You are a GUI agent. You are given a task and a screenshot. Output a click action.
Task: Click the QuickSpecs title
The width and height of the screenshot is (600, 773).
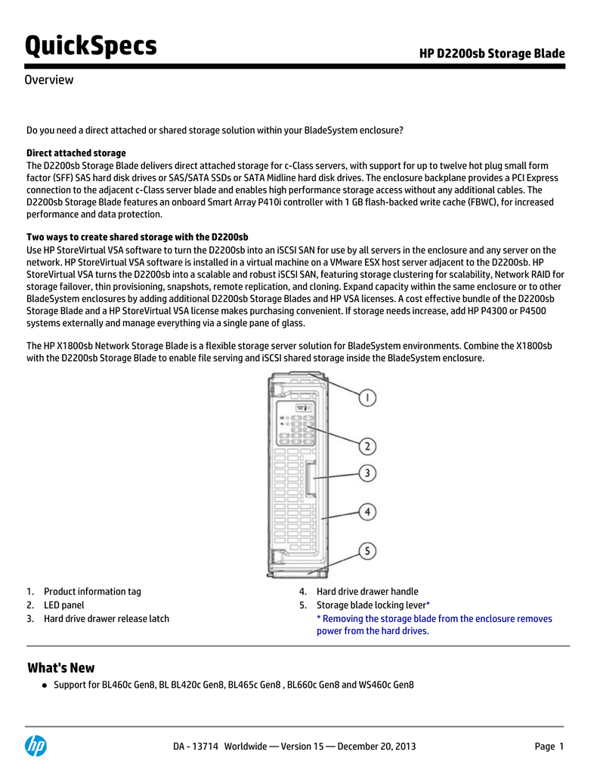point(91,46)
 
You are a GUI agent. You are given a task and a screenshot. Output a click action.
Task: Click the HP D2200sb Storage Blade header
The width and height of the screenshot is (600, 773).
point(492,53)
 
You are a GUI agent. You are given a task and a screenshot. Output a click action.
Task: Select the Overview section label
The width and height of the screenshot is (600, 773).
point(49,80)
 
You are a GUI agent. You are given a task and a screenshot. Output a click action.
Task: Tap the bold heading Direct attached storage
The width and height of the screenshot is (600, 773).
point(76,153)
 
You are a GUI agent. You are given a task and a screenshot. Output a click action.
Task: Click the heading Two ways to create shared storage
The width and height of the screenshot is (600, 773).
point(138,236)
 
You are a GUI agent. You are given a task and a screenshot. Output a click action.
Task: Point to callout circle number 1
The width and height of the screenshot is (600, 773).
point(366,397)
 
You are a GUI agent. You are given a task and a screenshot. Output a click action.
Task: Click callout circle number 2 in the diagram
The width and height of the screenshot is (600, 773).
point(366,446)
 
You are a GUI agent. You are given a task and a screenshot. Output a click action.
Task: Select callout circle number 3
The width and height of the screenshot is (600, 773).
point(366,473)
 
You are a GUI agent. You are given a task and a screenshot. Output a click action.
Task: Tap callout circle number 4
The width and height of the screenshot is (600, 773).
point(366,512)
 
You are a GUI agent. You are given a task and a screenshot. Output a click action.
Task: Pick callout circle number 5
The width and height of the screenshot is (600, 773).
point(366,552)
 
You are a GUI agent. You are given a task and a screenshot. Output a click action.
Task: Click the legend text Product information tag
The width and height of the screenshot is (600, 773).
point(92,592)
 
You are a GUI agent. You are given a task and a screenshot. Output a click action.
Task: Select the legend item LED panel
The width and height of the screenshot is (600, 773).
point(63,605)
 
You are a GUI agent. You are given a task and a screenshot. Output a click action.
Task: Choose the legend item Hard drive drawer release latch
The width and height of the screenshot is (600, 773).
point(106,619)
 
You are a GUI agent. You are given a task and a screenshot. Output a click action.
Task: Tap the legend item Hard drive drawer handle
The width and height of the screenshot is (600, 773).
point(367,592)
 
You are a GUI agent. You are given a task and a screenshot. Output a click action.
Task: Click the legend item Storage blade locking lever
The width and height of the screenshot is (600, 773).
point(371,605)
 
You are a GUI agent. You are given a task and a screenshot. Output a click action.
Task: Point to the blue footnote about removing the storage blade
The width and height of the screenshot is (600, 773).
point(434,625)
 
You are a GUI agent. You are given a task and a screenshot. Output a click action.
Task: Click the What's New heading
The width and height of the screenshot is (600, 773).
point(61,668)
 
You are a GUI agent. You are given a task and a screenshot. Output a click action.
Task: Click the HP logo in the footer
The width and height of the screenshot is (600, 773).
point(36,746)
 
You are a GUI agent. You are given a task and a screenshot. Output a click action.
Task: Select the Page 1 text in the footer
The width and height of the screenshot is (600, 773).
point(549,747)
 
